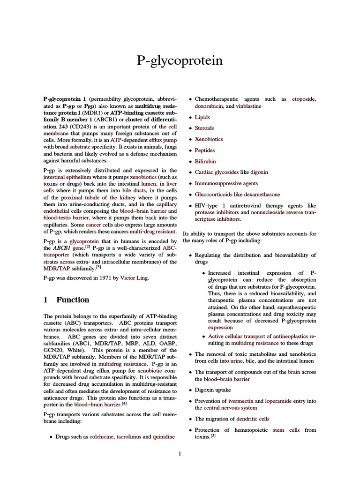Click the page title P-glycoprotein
[180, 61]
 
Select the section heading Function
[73, 300]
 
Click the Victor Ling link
[134, 278]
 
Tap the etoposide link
[304, 99]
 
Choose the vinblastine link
[248, 106]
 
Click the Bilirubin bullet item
[205, 161]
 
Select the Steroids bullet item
[204, 128]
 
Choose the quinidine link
[164, 436]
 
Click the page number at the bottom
[180, 453]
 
